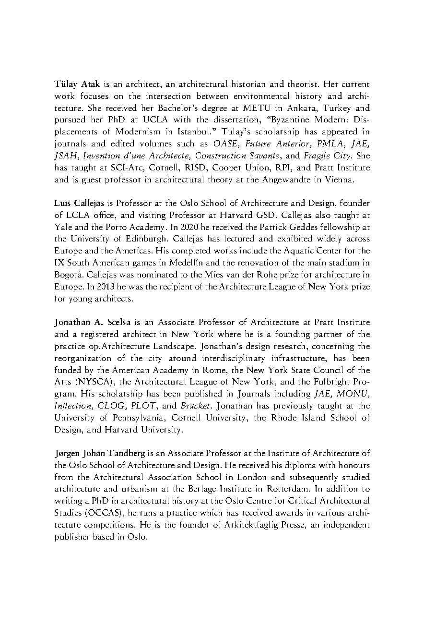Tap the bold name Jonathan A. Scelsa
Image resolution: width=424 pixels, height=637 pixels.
tap(93, 323)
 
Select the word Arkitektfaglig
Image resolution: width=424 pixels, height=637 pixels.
tap(248, 525)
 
